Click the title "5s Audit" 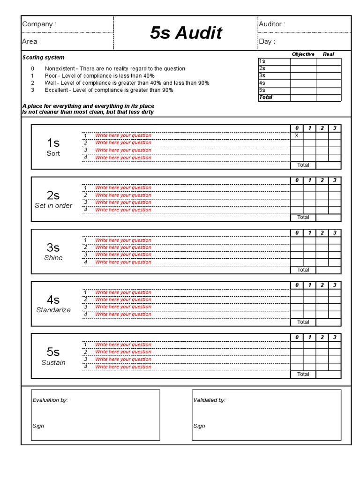186,33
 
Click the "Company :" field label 39,24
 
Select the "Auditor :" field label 272,24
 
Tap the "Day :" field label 267,41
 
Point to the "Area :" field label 31,41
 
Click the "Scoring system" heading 44,58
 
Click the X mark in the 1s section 296,135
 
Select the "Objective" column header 303,54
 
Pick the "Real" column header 328,54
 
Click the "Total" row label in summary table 265,97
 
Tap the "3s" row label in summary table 262,75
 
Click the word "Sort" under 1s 53,153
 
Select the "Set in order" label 53,206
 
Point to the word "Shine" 53,258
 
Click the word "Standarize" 53,310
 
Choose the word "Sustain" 53,362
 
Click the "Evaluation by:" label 50,400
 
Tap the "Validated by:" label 210,400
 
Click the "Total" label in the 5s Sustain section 303,374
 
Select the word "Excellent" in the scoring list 56,90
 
